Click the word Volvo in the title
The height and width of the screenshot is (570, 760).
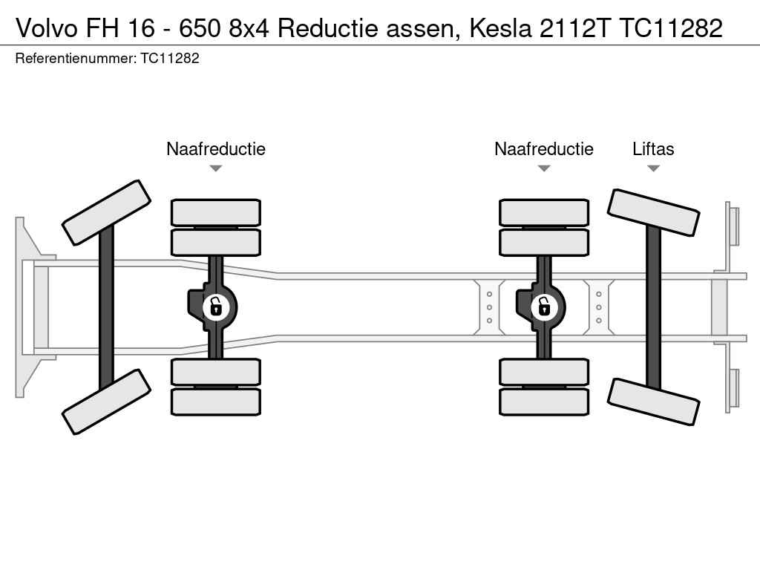(x=47, y=28)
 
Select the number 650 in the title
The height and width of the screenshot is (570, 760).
(x=200, y=28)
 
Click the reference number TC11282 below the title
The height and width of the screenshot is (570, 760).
(x=170, y=59)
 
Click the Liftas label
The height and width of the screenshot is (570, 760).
(x=653, y=148)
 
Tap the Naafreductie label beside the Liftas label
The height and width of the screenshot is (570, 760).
(x=544, y=148)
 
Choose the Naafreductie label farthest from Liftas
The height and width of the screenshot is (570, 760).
(x=216, y=148)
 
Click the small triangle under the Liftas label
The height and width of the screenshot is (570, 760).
(x=653, y=168)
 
